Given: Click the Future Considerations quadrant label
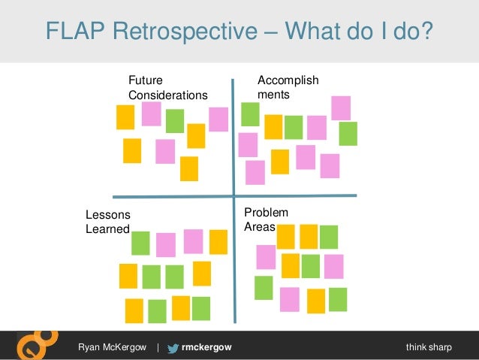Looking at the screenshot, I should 167,88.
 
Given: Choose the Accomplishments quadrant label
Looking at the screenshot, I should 288,88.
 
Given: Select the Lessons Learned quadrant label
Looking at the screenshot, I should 107,222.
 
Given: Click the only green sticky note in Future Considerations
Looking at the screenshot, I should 175,121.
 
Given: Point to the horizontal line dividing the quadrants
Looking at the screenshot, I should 225,195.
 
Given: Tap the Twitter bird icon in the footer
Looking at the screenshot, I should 173,347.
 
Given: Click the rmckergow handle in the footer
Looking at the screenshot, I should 207,347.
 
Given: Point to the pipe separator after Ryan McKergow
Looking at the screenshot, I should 158,347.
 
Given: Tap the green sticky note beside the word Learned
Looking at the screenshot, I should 140,243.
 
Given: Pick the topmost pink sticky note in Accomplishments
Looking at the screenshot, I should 341,107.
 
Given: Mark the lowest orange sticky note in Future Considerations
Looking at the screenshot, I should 189,168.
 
